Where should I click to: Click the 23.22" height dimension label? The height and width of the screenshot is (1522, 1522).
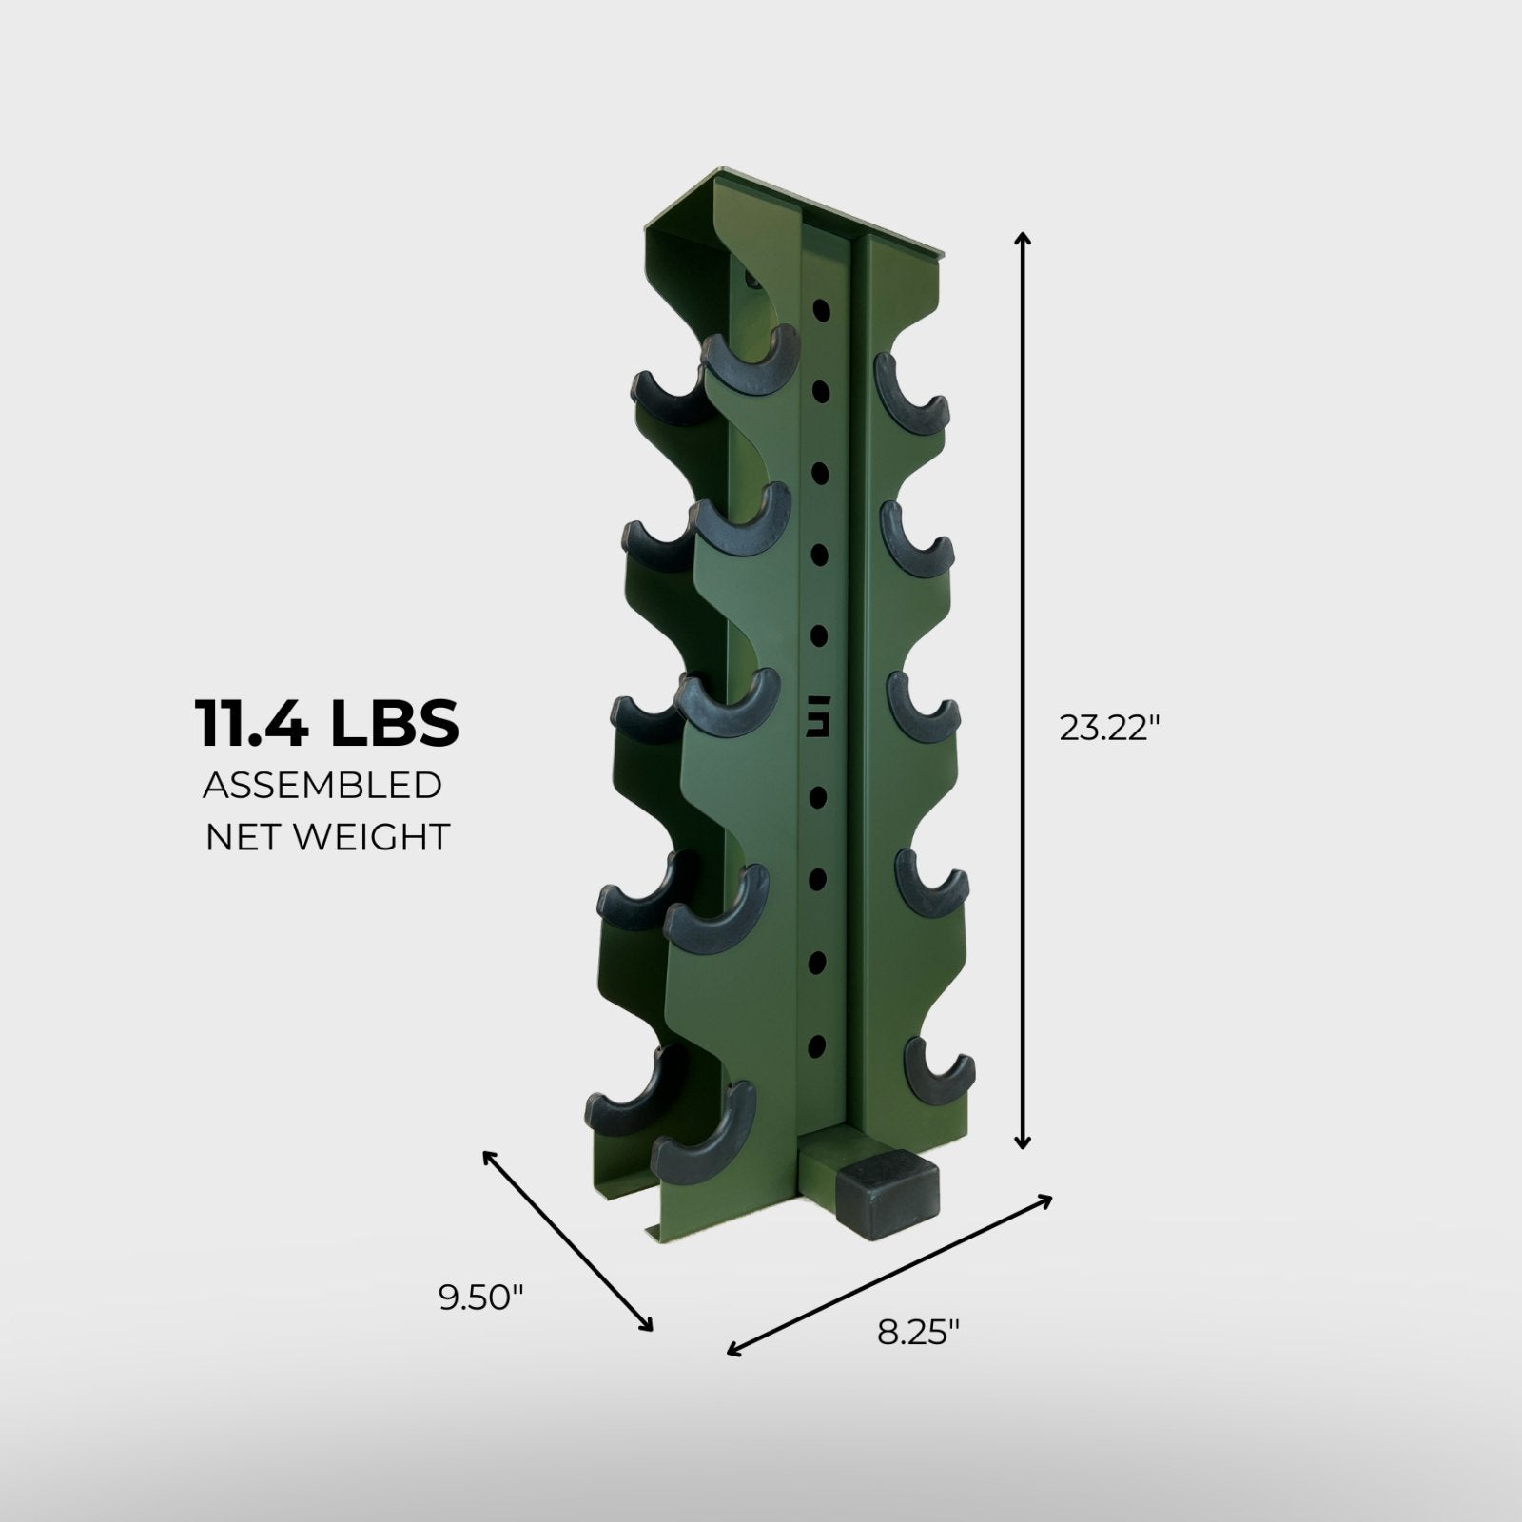(x=1110, y=730)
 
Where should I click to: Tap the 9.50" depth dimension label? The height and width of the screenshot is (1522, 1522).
(x=481, y=1298)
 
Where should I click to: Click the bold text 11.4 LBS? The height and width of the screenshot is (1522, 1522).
(x=327, y=723)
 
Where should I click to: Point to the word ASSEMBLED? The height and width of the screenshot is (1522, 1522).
(x=322, y=787)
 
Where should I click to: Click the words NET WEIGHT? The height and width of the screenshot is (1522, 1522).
(x=327, y=837)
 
